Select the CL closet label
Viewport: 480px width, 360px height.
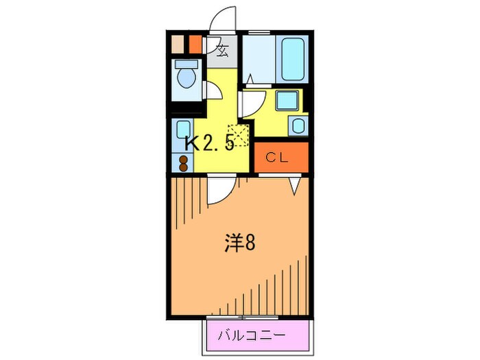(x=277, y=157)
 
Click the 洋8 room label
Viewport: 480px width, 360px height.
(x=241, y=243)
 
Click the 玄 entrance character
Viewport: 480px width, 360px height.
(x=221, y=49)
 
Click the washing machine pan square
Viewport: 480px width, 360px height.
(x=286, y=101)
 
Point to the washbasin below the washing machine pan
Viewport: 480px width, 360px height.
(x=298, y=125)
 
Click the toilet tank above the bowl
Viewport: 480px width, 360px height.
(x=184, y=64)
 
